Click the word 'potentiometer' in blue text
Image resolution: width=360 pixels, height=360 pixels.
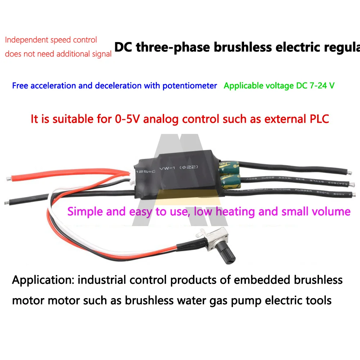[x=190, y=86]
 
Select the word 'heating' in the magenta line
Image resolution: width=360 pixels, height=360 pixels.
[x=237, y=211]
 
